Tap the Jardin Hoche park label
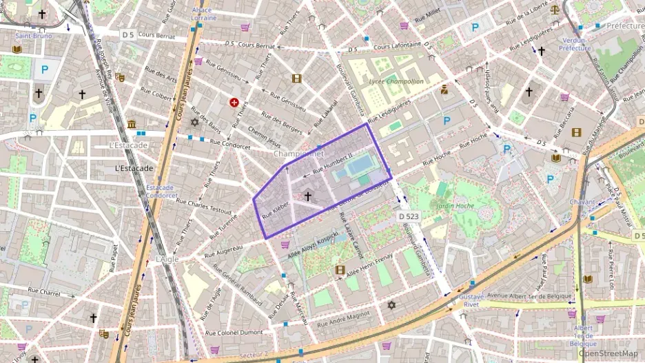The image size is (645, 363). point(455,205)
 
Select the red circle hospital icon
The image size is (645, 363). point(234,103)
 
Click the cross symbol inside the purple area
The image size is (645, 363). point(307,196)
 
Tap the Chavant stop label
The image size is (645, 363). point(582,202)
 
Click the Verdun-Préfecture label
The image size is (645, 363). point(575,44)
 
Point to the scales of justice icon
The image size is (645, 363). point(555,10)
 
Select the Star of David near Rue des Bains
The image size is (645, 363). point(194,122)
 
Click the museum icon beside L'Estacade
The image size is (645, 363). point(132,124)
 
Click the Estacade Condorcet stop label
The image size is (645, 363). point(162,191)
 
